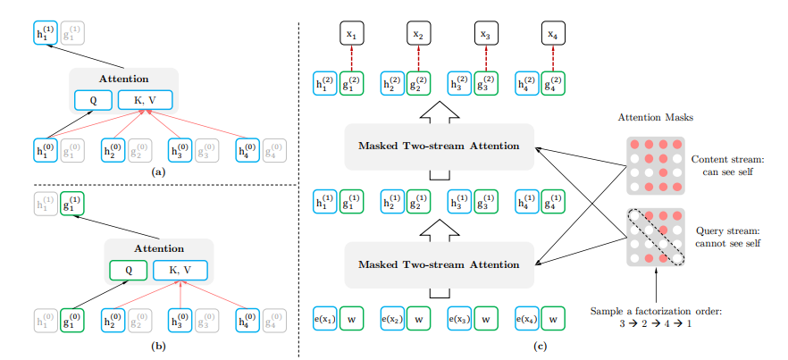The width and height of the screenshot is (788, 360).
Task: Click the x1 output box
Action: (x=350, y=35)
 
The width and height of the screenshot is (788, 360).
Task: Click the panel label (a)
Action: (x=158, y=171)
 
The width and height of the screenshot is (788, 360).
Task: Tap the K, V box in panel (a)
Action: (x=145, y=99)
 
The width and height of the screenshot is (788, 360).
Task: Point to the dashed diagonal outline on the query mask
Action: (x=655, y=236)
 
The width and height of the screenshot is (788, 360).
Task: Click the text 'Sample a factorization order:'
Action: (x=657, y=310)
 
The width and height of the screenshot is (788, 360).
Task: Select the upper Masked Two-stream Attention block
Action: (x=438, y=146)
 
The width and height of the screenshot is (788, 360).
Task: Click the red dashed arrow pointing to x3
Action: (x=486, y=57)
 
